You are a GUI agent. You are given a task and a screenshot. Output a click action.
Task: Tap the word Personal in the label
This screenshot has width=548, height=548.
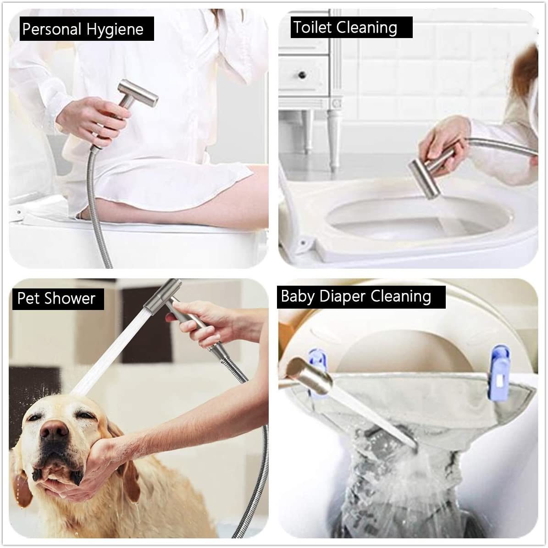[x=52, y=29]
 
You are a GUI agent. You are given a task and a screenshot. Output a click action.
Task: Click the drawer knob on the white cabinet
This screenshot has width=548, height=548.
[x=302, y=74]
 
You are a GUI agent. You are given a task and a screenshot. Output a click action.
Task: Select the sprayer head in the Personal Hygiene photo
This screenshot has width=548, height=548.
[x=137, y=94]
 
